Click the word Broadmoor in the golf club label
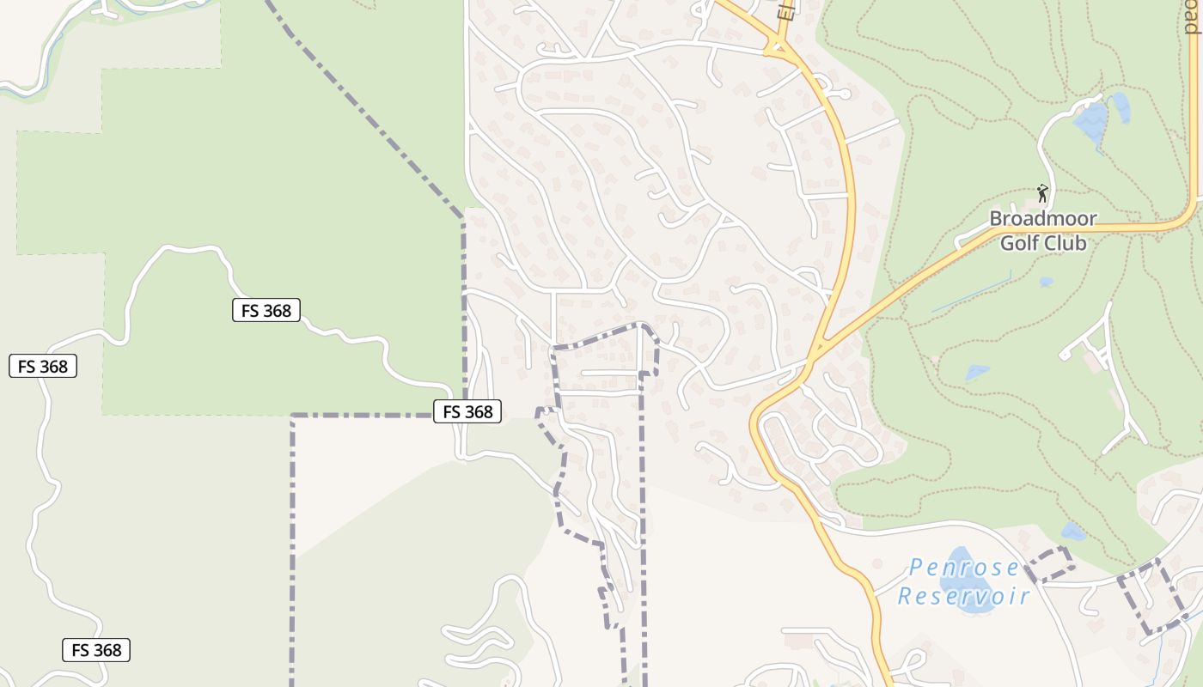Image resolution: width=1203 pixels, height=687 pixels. pos(1042,219)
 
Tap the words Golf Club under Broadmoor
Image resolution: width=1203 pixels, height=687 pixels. pos(1043,243)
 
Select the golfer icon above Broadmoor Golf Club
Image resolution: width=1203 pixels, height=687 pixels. pos(1042,192)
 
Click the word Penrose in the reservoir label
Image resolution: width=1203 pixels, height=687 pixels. pos(963,568)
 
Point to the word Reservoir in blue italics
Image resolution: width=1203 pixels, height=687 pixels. pos(963,596)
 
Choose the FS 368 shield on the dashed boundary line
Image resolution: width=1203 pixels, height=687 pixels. pos(467,411)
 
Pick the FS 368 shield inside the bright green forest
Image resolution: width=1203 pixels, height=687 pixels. pos(266,310)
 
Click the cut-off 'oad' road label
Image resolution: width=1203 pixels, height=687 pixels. pos(1192,17)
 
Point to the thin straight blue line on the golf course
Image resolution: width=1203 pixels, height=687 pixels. pos(971,292)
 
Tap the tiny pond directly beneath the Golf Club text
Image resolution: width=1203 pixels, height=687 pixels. pos(1046,282)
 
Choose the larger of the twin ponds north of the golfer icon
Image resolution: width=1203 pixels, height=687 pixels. pos(1090,121)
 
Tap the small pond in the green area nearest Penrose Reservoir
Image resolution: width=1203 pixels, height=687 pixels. pos(1073,532)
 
